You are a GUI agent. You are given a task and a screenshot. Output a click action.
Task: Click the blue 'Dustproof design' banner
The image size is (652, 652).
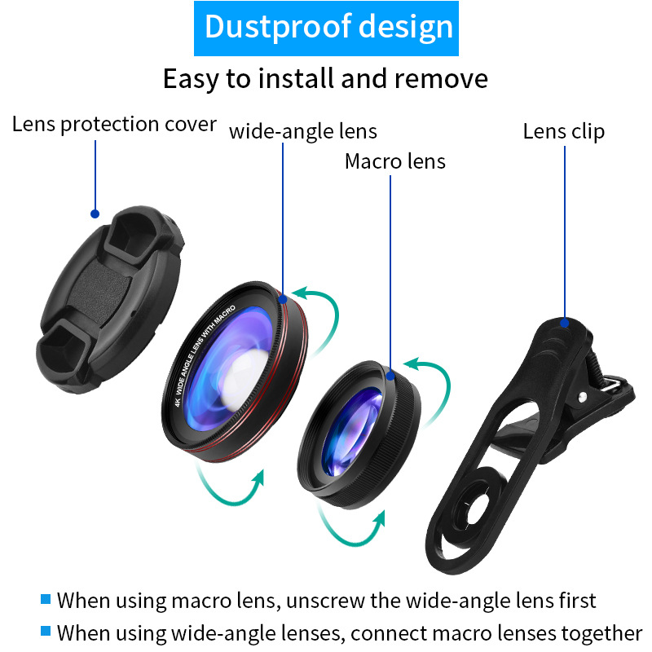tap(326, 29)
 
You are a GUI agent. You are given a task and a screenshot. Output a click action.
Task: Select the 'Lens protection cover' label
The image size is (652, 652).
tap(114, 125)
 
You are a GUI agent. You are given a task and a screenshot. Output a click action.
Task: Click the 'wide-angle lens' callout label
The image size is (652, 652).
tap(302, 132)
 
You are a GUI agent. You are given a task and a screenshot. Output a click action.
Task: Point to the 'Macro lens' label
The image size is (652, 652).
tap(395, 161)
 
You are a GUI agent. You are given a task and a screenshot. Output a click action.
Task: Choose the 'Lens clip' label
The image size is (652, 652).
tap(563, 132)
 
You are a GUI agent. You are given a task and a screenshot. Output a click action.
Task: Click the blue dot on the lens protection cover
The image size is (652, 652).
tap(95, 214)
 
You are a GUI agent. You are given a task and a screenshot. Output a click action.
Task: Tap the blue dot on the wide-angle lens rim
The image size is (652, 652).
tap(283, 299)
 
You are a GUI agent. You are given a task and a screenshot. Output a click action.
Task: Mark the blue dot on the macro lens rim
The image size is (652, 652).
tap(390, 376)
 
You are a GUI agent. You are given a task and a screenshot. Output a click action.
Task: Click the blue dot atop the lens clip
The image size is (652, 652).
tap(564, 323)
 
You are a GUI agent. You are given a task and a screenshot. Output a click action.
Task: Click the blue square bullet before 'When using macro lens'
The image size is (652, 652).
tap(46, 599)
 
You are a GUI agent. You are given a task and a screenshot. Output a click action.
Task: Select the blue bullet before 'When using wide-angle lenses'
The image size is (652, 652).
tap(46, 631)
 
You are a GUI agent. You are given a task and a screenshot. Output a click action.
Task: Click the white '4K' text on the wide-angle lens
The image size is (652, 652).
tap(178, 402)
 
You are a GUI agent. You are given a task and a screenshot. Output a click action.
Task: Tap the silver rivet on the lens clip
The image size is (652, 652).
tap(583, 397)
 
